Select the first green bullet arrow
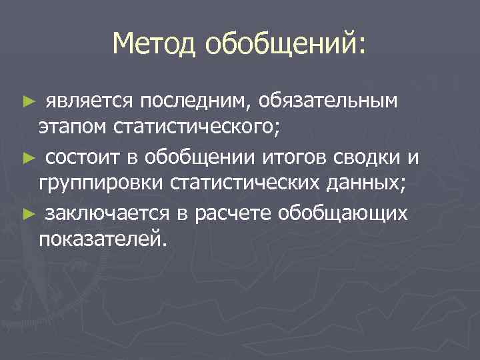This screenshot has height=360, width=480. (x=27, y=101)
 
